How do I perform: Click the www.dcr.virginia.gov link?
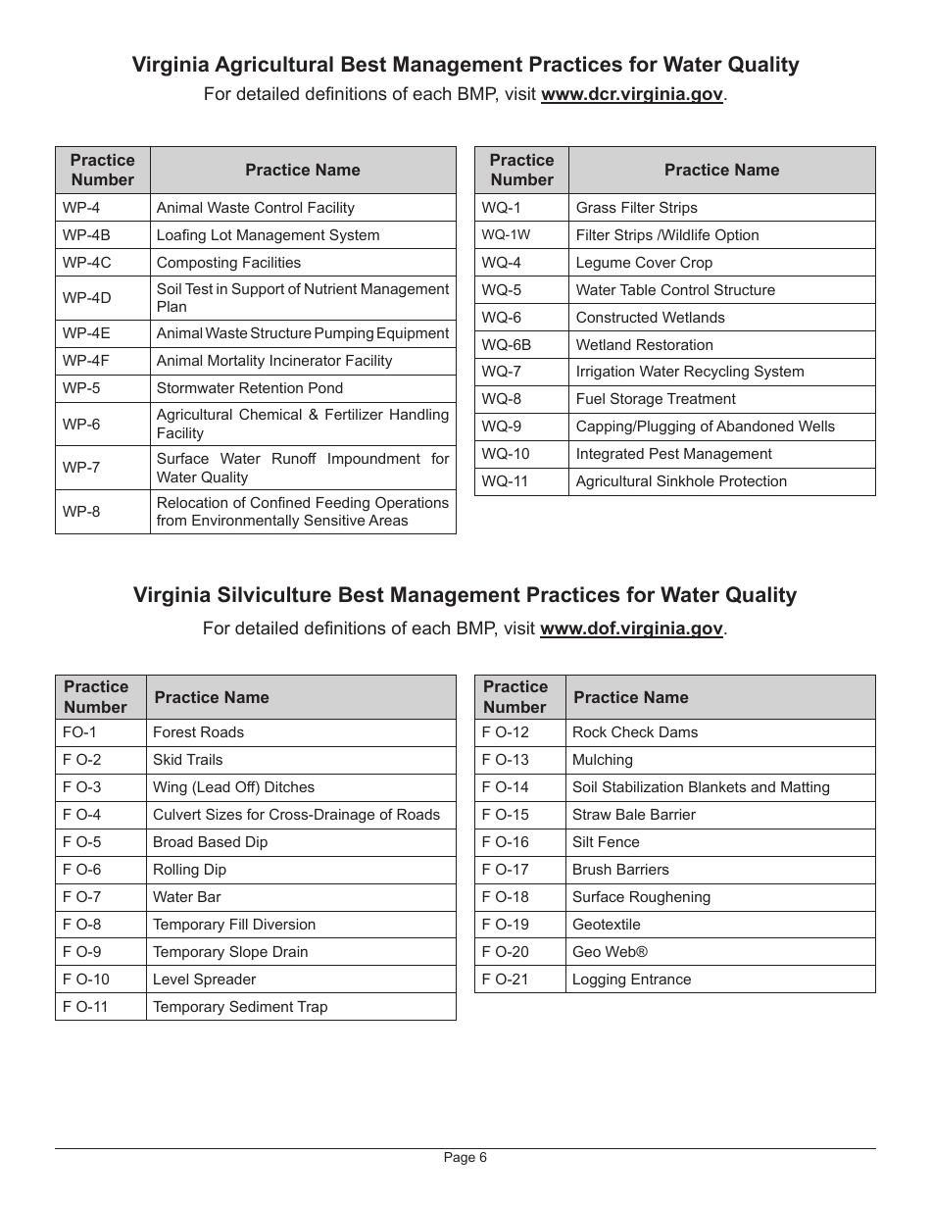pyautogui.click(x=632, y=95)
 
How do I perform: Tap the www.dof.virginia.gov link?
pyautogui.click(x=631, y=628)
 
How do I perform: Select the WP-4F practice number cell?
pyautogui.click(x=103, y=361)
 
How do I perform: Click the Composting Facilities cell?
pyautogui.click(x=228, y=263)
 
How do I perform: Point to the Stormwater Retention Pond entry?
pyautogui.click(x=250, y=388)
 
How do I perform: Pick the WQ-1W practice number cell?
pyautogui.click(x=521, y=235)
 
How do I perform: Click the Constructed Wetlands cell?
pyautogui.click(x=650, y=318)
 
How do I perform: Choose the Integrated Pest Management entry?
pyautogui.click(x=673, y=454)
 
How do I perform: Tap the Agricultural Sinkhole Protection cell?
pyautogui.click(x=681, y=481)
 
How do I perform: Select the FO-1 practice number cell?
pyautogui.click(x=100, y=732)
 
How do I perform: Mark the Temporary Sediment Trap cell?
pyautogui.click(x=240, y=1007)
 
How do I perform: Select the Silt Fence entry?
pyautogui.click(x=606, y=842)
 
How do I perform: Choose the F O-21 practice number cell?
pyautogui.click(x=519, y=980)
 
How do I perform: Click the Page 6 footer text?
pyautogui.click(x=465, y=1158)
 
